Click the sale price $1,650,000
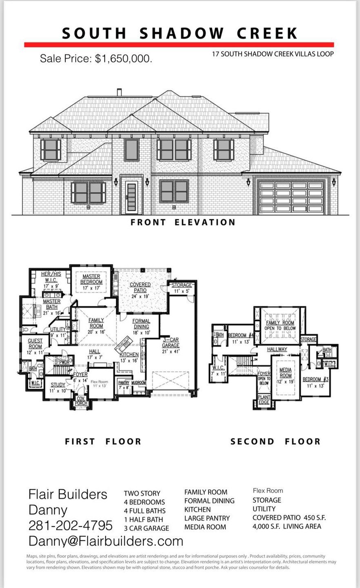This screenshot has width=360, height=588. pos(96,59)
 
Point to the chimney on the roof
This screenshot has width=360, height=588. pos(119,92)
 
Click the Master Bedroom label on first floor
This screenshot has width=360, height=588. pos(91,279)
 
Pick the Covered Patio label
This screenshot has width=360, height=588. pos(140,287)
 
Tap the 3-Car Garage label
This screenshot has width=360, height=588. pos(171,345)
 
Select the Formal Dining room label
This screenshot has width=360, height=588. pos(141,324)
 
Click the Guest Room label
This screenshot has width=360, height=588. pos(35,343)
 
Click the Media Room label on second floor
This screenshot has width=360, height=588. pos(285,373)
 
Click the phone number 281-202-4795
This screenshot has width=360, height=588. pos(70,525)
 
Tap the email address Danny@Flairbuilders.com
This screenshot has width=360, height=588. pos(106,541)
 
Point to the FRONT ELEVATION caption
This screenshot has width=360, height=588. pos(183,223)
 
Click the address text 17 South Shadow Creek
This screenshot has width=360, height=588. pos(273,54)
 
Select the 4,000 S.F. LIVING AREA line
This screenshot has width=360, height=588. pos(287,526)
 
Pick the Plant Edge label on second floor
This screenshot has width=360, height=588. pos(264,400)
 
